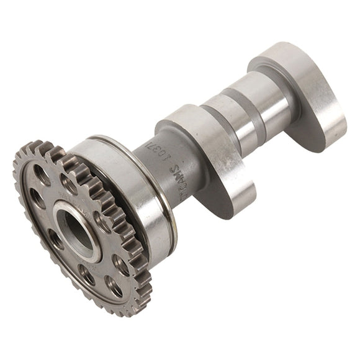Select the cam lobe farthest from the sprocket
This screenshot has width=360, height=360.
point(304,93)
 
